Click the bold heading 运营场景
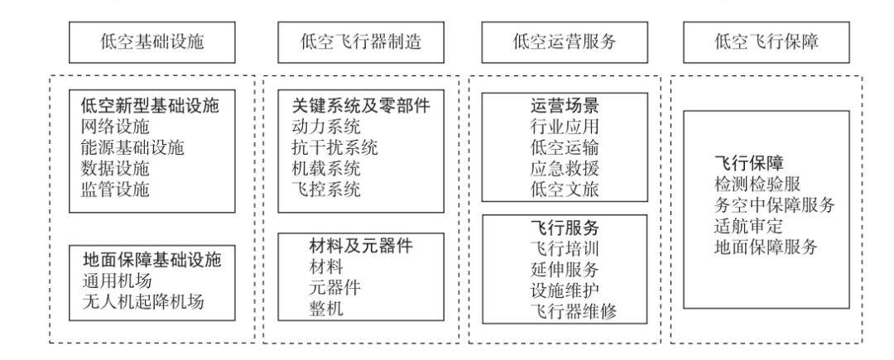pos(564,108)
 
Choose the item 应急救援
pos(564,169)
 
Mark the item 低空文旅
pos(564,190)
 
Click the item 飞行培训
pos(564,248)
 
